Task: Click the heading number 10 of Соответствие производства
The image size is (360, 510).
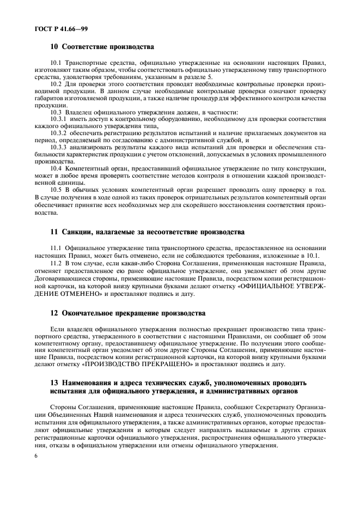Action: pos(53,47)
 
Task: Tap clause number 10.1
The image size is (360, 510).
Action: pos(56,64)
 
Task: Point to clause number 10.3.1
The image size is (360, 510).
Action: pos(58,118)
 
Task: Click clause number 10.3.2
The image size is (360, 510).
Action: pos(58,132)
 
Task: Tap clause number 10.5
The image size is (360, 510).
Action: pos(56,190)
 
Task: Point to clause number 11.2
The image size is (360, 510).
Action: pos(56,263)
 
